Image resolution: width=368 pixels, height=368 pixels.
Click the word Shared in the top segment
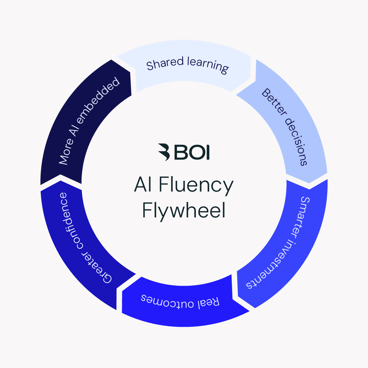coord(166,64)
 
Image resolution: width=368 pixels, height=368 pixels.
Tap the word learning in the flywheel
coord(208,65)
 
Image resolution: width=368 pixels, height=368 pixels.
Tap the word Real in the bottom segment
coord(211,301)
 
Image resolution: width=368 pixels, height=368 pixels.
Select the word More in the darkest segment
coord(65,154)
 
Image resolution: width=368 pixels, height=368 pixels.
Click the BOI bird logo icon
coord(165,152)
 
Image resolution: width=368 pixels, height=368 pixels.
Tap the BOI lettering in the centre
coord(192,152)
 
